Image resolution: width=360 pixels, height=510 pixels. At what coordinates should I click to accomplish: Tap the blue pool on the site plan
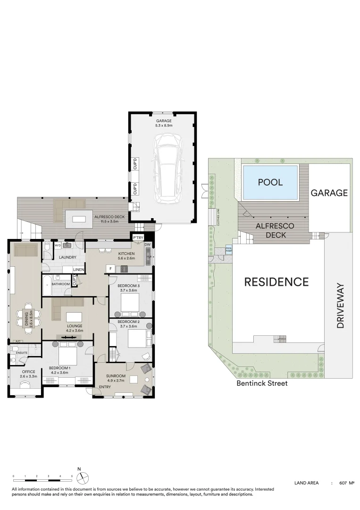pyautogui.click(x=270, y=182)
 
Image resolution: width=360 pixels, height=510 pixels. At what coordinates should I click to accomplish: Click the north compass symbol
pyautogui.click(x=79, y=476)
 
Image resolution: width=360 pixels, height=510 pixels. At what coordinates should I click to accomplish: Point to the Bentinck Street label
pyautogui.click(x=262, y=383)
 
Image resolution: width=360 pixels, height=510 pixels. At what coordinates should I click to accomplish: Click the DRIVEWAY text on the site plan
pyautogui.click(x=341, y=306)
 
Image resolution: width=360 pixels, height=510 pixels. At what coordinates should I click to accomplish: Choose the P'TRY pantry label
pyautogui.click(x=138, y=238)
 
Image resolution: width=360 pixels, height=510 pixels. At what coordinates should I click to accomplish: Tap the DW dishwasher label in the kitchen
pyautogui.click(x=147, y=244)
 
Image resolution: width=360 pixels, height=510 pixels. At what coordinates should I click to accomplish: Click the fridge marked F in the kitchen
pyautogui.click(x=110, y=269)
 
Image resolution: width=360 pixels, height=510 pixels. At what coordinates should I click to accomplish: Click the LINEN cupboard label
pyautogui.click(x=79, y=270)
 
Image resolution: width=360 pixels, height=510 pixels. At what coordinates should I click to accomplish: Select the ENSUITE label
pyautogui.click(x=22, y=352)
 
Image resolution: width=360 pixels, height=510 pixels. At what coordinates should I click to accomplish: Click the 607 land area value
pyautogui.click(x=343, y=483)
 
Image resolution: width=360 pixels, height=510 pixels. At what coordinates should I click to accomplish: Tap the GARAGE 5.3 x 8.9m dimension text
pyautogui.click(x=164, y=126)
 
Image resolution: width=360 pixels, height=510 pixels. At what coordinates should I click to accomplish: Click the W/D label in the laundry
pyautogui.click(x=58, y=246)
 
